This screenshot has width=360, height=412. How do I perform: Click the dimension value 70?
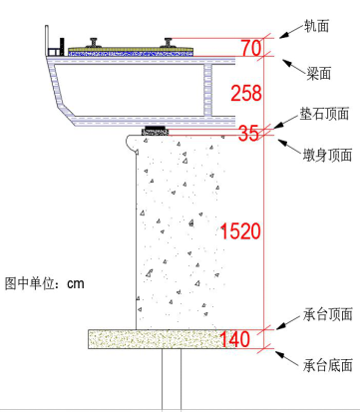(x=252, y=48)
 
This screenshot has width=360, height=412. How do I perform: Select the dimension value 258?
(x=245, y=95)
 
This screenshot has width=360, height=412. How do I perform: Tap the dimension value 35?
(x=249, y=132)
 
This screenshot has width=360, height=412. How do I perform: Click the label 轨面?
(x=317, y=24)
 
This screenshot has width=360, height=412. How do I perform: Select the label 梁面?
(x=317, y=73)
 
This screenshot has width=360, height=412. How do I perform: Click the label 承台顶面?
(x=328, y=313)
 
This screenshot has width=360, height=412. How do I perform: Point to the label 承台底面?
(x=328, y=365)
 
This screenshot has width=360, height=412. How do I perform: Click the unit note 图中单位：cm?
(x=45, y=283)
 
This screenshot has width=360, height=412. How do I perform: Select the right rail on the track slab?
(x=171, y=42)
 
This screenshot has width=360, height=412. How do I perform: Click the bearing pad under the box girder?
(x=156, y=130)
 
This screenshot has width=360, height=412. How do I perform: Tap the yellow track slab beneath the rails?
(x=130, y=49)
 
